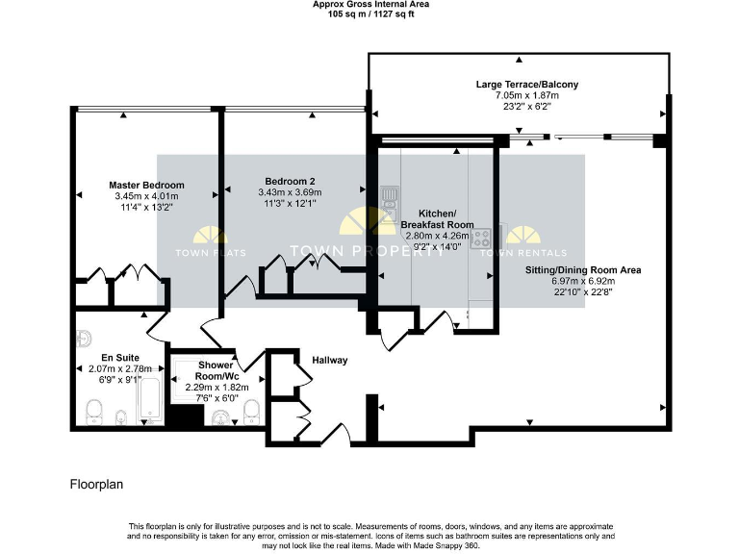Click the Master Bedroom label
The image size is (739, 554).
(146, 185)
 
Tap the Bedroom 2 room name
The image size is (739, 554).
(290, 181)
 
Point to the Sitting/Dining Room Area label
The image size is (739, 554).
(583, 270)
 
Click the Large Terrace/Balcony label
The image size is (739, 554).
(527, 85)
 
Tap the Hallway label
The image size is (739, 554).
(329, 361)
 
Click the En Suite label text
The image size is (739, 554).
(100, 357)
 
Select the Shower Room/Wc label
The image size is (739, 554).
(217, 370)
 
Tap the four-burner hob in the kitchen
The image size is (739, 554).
(480, 237)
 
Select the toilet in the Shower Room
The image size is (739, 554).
(251, 412)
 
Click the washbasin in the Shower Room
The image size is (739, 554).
(220, 415)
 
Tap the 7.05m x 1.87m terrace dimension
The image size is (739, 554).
(527, 96)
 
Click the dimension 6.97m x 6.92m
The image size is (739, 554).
(583, 281)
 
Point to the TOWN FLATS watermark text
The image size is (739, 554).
(210, 253)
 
